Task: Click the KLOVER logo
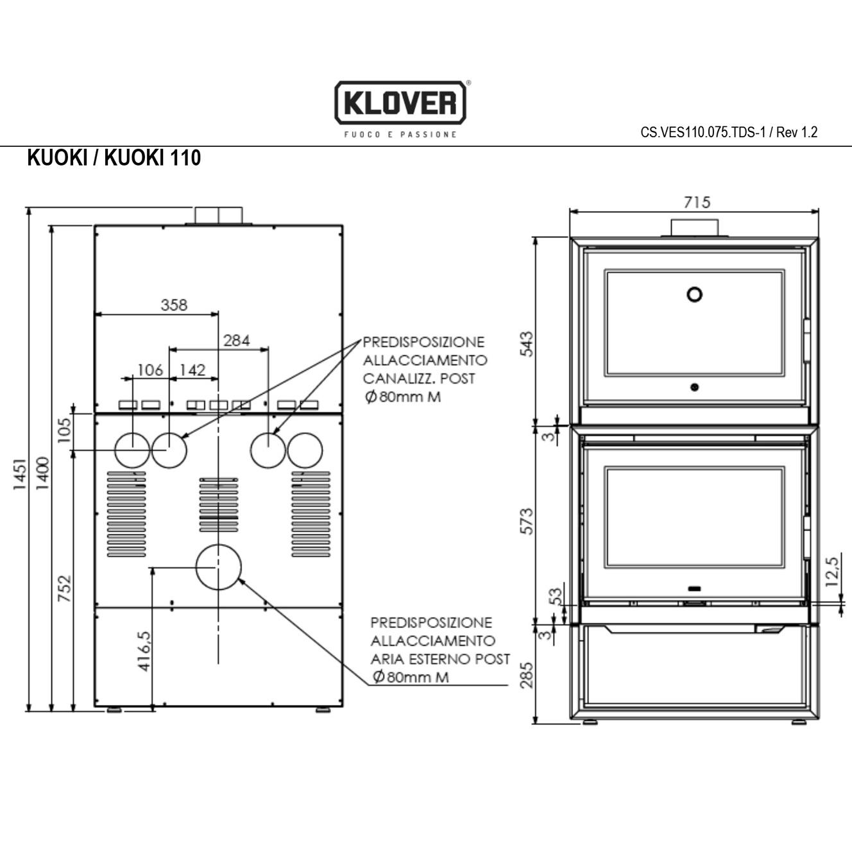(x=400, y=103)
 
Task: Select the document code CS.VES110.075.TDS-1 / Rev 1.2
(x=729, y=133)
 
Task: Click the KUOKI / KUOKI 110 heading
(x=114, y=158)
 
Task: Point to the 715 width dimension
(x=697, y=202)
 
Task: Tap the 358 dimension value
(x=174, y=305)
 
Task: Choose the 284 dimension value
(x=236, y=341)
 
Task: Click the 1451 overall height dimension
(x=20, y=474)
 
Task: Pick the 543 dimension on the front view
(x=527, y=345)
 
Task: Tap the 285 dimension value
(x=527, y=675)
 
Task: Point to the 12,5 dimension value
(x=832, y=571)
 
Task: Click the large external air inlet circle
(x=218, y=567)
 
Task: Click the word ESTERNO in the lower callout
(x=440, y=659)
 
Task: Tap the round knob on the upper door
(x=694, y=294)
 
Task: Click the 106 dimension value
(x=150, y=370)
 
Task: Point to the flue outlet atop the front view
(x=694, y=227)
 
